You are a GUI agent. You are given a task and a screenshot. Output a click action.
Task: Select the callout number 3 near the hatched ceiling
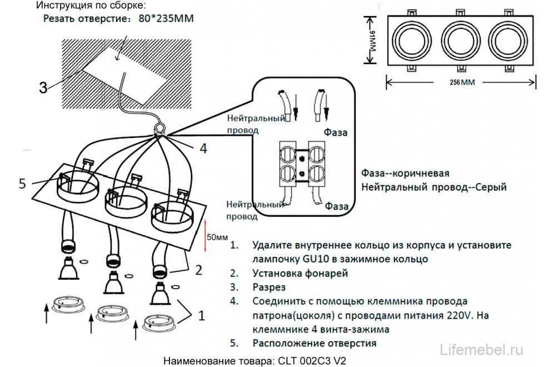point(43,87)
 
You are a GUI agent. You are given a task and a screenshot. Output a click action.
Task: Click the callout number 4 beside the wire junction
point(203,148)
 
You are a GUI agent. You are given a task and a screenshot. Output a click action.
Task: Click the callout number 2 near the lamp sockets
point(198,270)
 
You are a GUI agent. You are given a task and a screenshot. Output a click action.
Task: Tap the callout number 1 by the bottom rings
point(201,315)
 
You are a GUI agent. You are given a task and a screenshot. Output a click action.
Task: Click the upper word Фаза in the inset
point(336,132)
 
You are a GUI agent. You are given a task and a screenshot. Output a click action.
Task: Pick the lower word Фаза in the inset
point(337,206)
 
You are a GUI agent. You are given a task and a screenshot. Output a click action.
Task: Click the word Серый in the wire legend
point(491,187)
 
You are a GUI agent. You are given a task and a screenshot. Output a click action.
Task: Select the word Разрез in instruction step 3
point(268,287)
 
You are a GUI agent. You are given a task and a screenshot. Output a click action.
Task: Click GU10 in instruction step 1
point(313,259)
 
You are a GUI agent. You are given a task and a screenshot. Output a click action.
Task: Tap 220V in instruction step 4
point(460,315)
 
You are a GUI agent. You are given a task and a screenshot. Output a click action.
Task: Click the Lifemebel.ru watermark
point(481,349)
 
